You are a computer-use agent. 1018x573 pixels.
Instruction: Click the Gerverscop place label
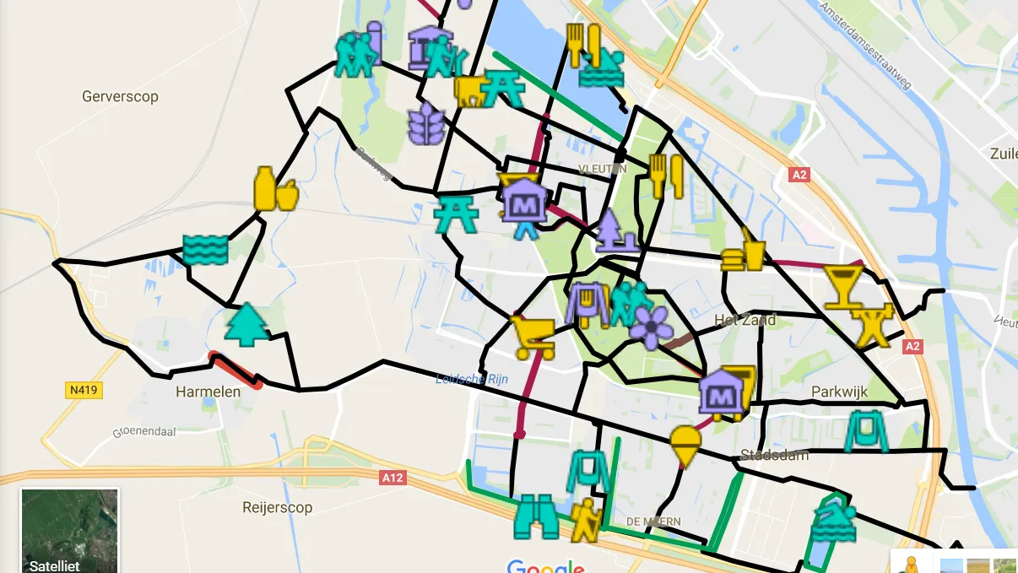pos(120,96)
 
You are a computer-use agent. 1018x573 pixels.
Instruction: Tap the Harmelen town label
pos(208,392)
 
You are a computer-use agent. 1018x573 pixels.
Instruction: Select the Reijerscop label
pos(277,507)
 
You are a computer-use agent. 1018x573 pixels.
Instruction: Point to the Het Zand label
pos(745,321)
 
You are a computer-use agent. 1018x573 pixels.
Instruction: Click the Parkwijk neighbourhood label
pos(839,392)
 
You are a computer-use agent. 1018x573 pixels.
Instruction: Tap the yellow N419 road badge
pos(84,390)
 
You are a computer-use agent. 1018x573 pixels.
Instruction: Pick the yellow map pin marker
pos(685,446)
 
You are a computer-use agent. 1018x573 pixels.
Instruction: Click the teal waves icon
pos(205,250)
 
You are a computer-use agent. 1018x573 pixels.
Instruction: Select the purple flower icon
pos(652,327)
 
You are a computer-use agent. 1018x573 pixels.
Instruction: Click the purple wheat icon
pos(425,124)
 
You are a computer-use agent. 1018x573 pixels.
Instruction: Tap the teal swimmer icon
pos(833,518)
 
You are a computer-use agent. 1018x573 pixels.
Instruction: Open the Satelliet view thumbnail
pos(69,531)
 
